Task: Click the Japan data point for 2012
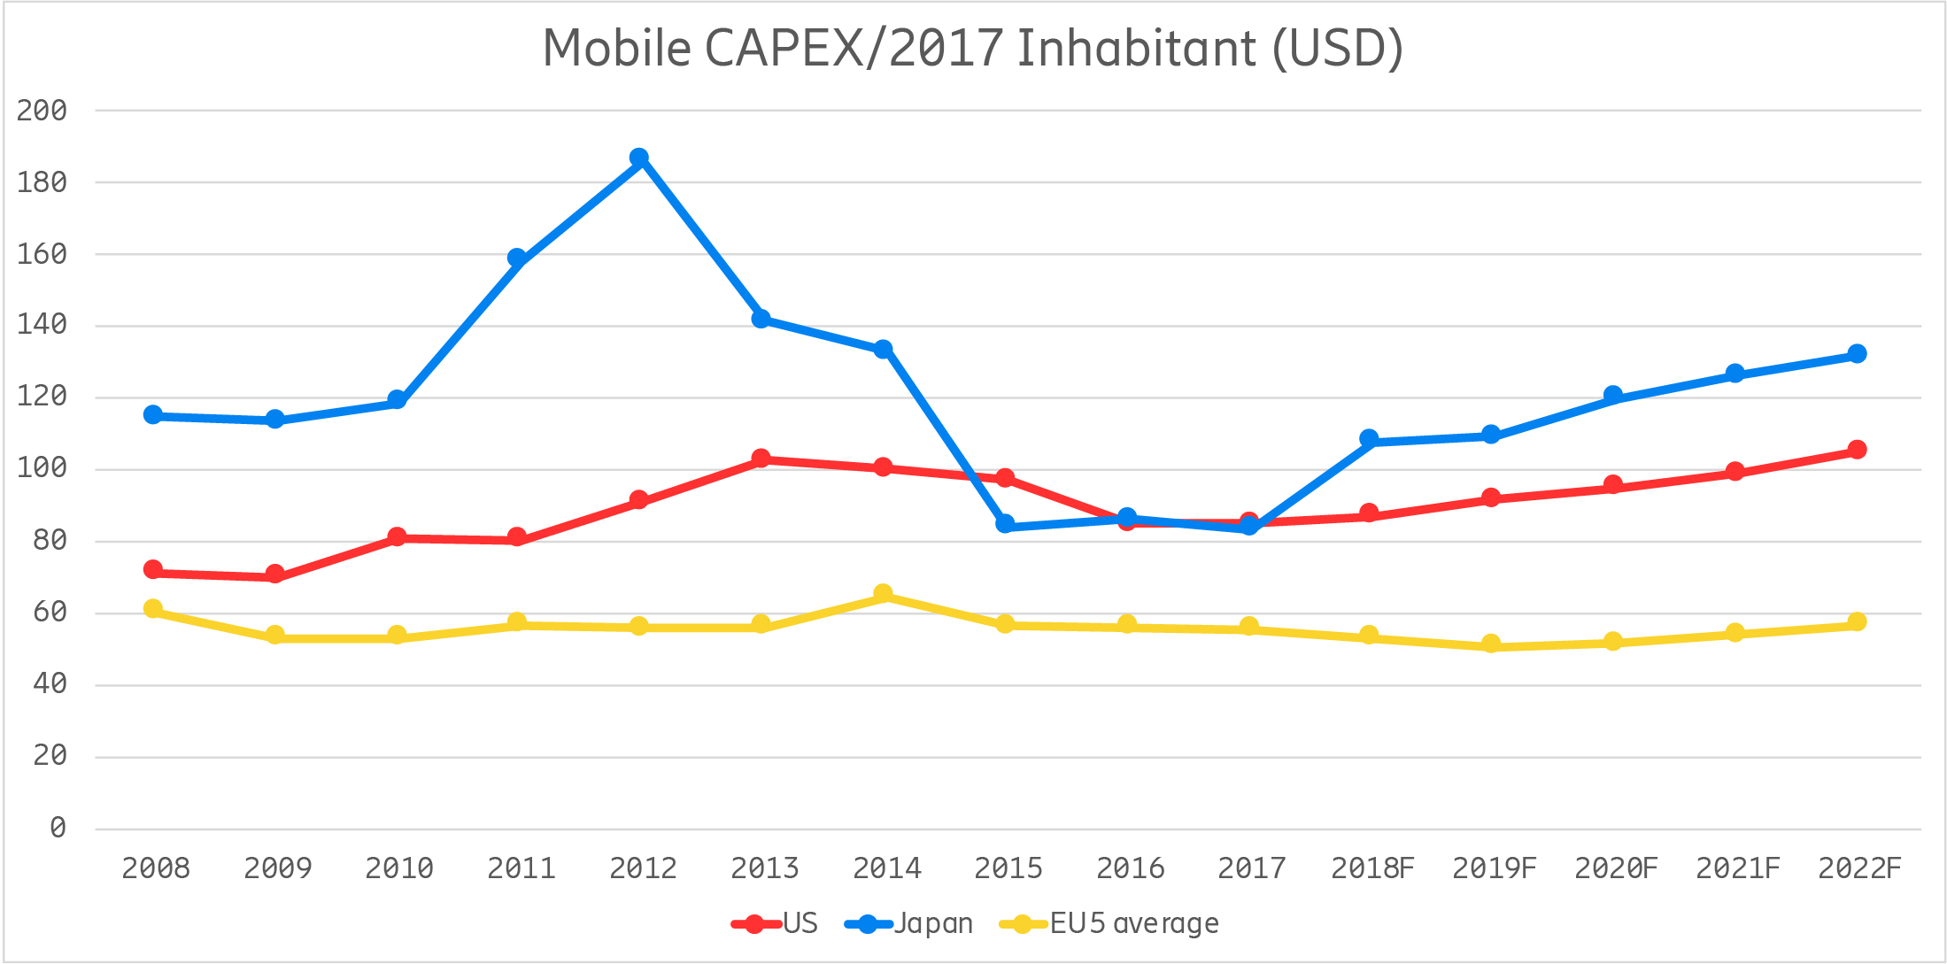click(x=638, y=158)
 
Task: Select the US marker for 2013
click(x=761, y=459)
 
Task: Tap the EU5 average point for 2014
click(x=883, y=594)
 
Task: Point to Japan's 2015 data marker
click(x=1005, y=524)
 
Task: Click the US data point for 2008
click(x=152, y=569)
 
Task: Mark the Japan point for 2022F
click(x=1857, y=354)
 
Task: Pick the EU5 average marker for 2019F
click(x=1491, y=644)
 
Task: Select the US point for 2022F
click(x=1857, y=450)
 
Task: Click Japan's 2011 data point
click(x=517, y=258)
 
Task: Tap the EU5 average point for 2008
click(x=152, y=609)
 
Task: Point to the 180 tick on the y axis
click(x=42, y=182)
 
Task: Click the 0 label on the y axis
click(x=58, y=828)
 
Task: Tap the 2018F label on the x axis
click(x=1371, y=868)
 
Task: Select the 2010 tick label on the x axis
click(x=398, y=868)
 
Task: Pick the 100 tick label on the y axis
click(x=42, y=468)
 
